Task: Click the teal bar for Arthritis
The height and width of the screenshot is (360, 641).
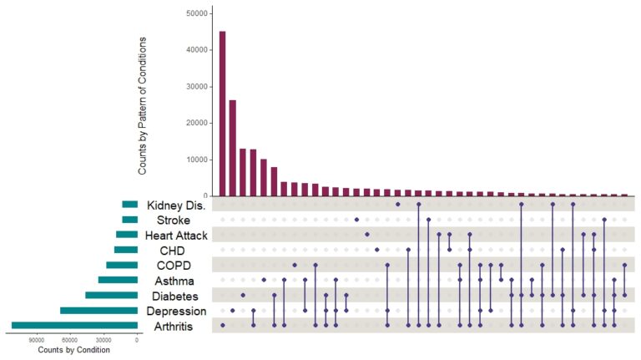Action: coord(74,326)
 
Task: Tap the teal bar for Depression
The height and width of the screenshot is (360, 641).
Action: coord(98,311)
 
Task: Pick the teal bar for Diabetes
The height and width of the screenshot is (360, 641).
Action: coord(111,296)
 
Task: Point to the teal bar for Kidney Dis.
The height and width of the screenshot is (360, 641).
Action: coord(129,205)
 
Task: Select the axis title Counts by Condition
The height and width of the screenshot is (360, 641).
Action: coord(74,351)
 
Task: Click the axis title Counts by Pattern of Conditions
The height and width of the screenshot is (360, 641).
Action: coord(143,105)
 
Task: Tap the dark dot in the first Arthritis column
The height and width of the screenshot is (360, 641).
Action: coord(222,326)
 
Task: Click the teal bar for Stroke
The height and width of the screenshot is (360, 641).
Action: coord(129,221)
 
